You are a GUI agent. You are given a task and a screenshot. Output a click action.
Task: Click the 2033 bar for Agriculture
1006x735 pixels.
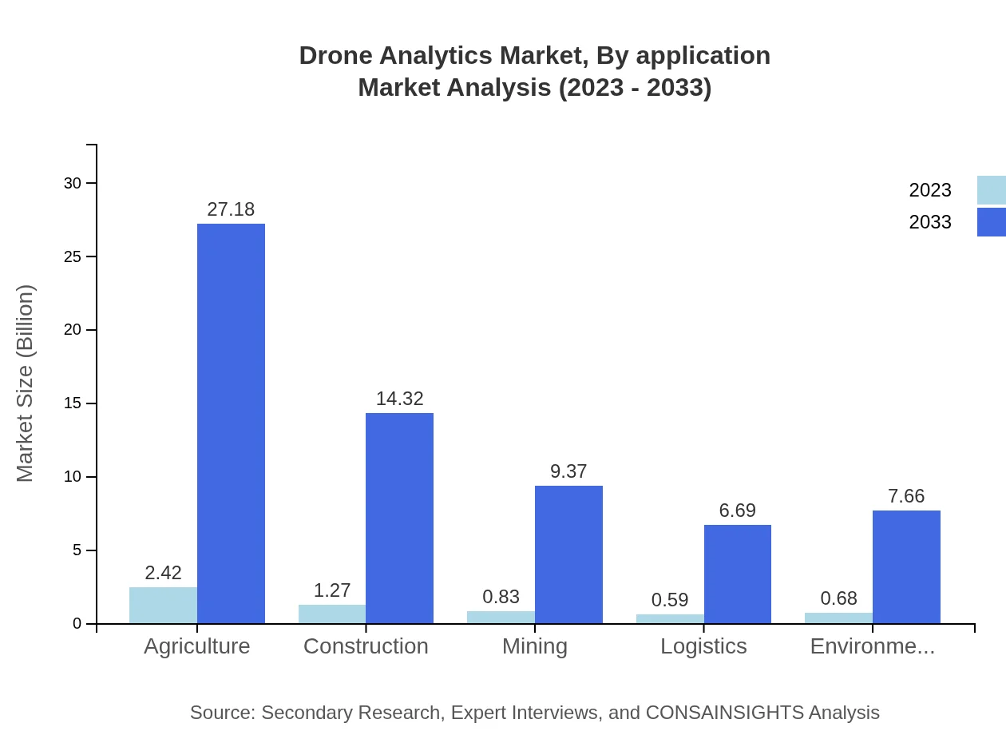pos(231,423)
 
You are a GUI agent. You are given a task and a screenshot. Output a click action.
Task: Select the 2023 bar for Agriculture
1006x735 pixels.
pos(163,606)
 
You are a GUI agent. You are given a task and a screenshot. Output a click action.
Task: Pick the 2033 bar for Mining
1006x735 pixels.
pos(568,554)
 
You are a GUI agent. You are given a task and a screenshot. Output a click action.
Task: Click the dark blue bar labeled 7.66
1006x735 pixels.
pos(906,566)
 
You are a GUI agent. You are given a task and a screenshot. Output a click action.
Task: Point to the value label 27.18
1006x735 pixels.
pos(231,209)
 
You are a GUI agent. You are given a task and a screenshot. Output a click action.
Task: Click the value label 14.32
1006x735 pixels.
pos(399,399)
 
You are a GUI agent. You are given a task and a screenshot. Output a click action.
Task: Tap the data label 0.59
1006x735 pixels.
pos(669,600)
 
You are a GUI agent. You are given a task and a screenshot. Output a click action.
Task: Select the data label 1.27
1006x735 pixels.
pos(331,590)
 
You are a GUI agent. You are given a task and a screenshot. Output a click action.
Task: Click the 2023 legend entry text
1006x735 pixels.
pos(929,190)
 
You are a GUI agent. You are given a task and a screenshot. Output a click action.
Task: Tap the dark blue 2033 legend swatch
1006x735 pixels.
pos(991,222)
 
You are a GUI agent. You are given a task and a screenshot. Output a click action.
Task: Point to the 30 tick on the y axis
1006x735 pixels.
pos(73,183)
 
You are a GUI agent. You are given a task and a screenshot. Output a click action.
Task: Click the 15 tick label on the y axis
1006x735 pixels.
pos(73,403)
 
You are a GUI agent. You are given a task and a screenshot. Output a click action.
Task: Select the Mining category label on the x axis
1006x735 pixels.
pos(534,646)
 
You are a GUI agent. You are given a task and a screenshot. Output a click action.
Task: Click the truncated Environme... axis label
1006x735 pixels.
pos(872,646)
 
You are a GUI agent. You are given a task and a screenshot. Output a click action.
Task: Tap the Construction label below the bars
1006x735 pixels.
pos(366,646)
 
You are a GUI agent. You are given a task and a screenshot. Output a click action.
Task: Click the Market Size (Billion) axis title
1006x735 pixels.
pos(26,383)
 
